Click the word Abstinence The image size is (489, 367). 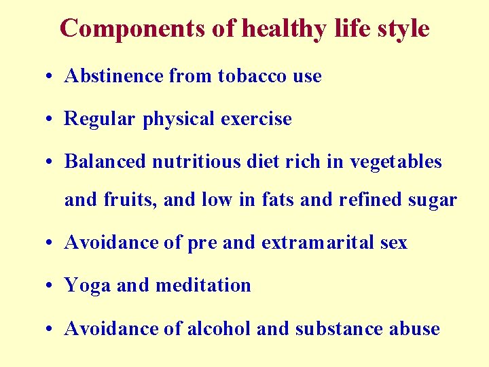pyautogui.click(x=114, y=76)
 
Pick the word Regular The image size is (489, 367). pyautogui.click(x=101, y=119)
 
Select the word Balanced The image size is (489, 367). pyautogui.click(x=105, y=162)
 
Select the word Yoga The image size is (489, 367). pyautogui.click(x=88, y=286)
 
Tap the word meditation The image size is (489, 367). pyautogui.click(x=203, y=285)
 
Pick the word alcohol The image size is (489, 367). pyautogui.click(x=219, y=329)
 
